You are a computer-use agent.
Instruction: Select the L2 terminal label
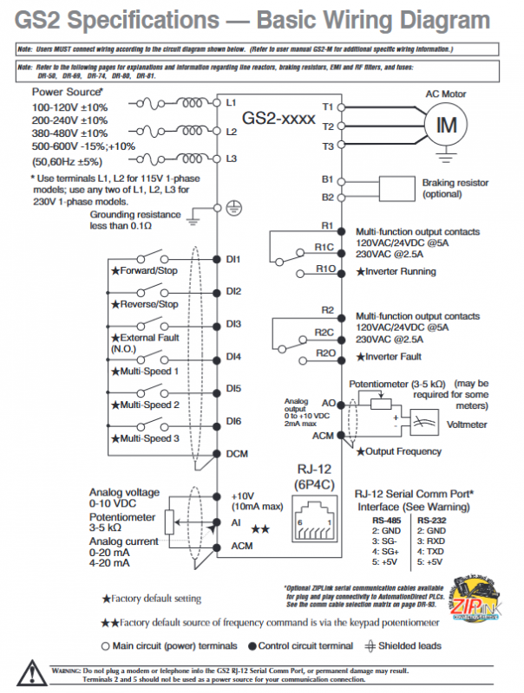[231, 133]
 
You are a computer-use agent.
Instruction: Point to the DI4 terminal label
[233, 356]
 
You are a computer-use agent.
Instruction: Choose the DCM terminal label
[236, 453]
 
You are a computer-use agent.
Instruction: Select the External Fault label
[148, 338]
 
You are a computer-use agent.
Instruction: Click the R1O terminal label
[325, 269]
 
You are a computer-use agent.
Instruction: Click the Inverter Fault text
[395, 356]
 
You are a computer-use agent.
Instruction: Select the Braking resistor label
[455, 189]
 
